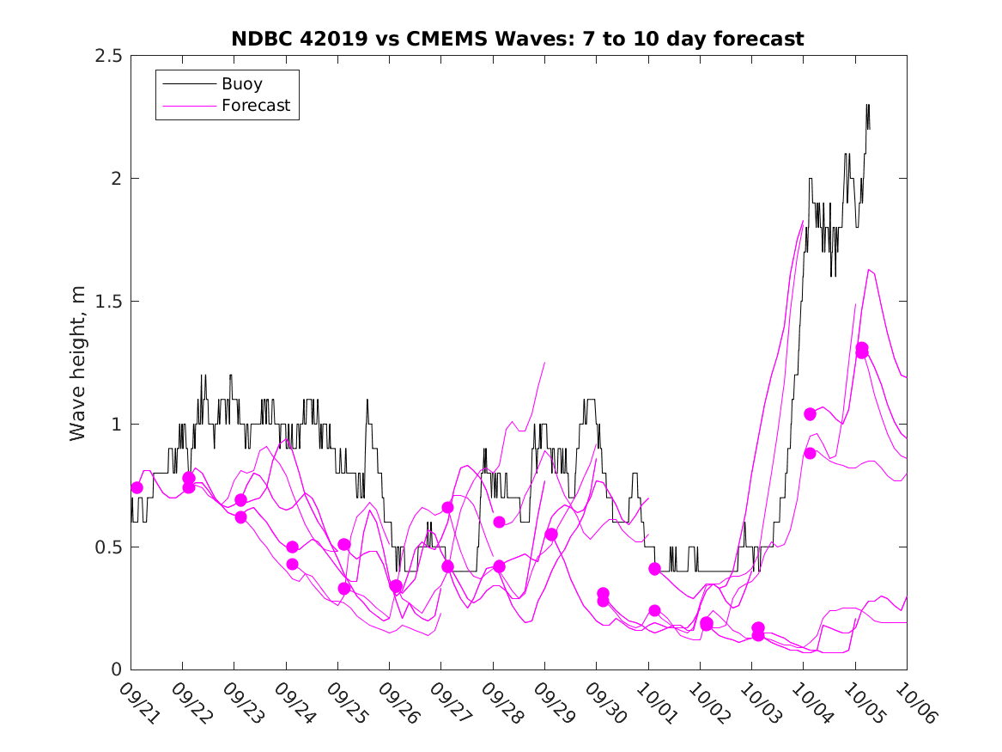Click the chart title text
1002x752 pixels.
(518, 39)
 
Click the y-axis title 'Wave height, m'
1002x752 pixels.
(78, 363)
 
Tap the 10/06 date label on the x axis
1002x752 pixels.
(917, 702)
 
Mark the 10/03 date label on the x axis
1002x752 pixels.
(762, 702)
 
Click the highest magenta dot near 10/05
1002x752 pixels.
(862, 348)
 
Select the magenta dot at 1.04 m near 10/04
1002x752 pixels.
(810, 414)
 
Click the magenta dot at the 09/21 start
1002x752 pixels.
(137, 487)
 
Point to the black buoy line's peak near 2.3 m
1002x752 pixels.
(868, 105)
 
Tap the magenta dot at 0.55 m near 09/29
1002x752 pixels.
(551, 535)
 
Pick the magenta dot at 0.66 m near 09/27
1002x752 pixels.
(447, 507)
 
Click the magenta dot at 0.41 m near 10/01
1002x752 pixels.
(655, 569)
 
